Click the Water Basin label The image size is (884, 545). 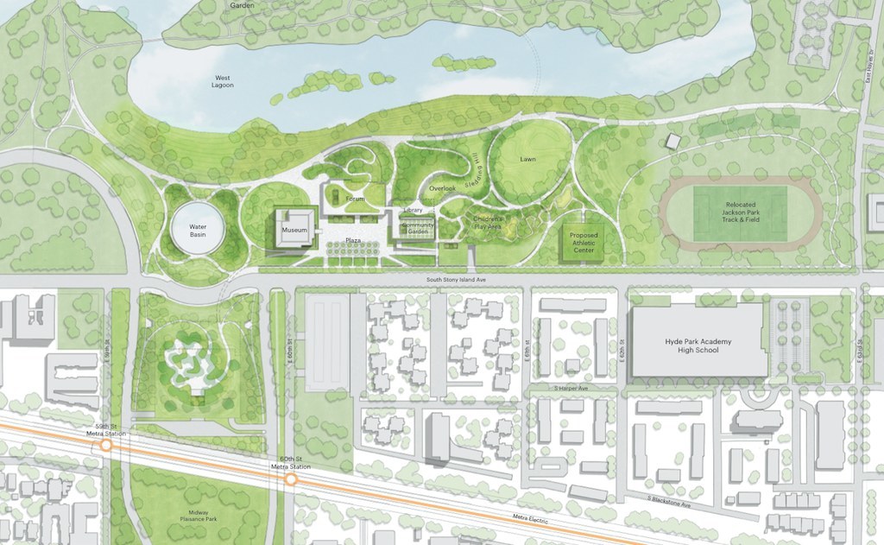(x=198, y=231)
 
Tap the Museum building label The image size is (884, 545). (x=294, y=231)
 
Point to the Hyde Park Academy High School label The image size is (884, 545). (x=698, y=345)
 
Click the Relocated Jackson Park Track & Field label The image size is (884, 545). (x=740, y=207)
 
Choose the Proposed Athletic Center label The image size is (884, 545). (x=584, y=242)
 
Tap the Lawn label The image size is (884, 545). (x=527, y=160)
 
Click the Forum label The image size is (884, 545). (x=355, y=200)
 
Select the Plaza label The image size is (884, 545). (x=353, y=239)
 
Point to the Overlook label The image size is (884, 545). (x=442, y=188)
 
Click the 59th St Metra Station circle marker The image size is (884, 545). (x=106, y=445)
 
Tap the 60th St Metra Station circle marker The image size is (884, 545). (x=291, y=478)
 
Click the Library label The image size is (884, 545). (x=413, y=211)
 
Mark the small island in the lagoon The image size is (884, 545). (x=458, y=62)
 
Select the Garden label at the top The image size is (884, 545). (x=242, y=5)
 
